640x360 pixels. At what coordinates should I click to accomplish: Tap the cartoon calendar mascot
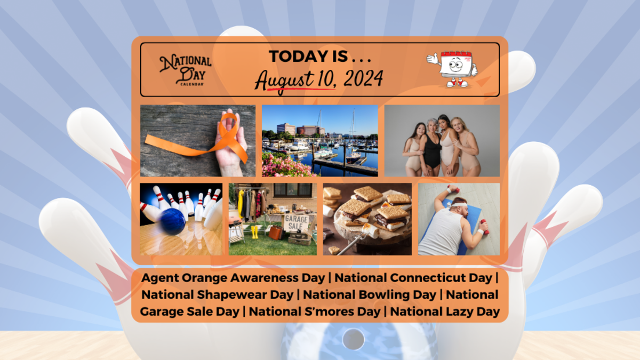point(452,69)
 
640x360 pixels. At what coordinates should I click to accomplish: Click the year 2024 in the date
point(363,78)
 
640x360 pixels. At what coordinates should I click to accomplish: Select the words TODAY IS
point(308,57)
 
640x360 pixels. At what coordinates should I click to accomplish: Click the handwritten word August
point(284,81)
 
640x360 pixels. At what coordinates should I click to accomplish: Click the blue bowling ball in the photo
point(173,221)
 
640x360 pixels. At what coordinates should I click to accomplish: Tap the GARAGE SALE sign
point(296,222)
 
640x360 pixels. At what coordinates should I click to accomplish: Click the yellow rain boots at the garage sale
point(254,232)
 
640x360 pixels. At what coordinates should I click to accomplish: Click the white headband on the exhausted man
point(459,205)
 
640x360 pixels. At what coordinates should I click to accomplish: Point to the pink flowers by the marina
point(286,165)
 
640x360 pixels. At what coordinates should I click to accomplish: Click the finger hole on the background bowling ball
point(354,339)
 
